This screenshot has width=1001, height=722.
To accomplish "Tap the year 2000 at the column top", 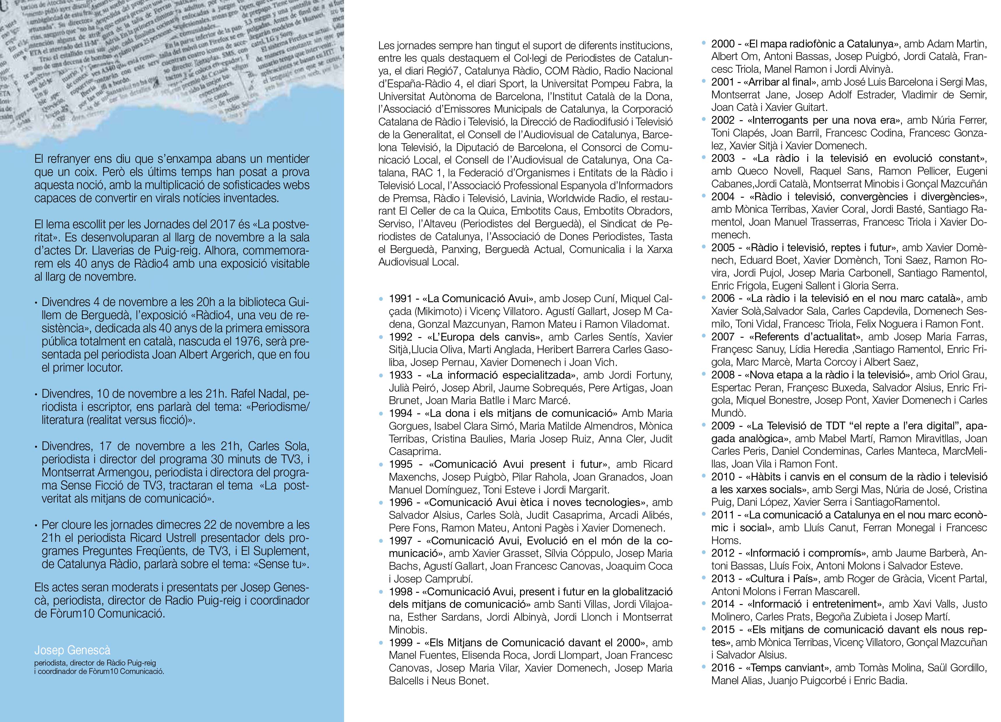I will pos(722,44).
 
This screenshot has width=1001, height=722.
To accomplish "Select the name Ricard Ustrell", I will pos(159,538).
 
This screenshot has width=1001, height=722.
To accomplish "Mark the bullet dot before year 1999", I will pos(381,643).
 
